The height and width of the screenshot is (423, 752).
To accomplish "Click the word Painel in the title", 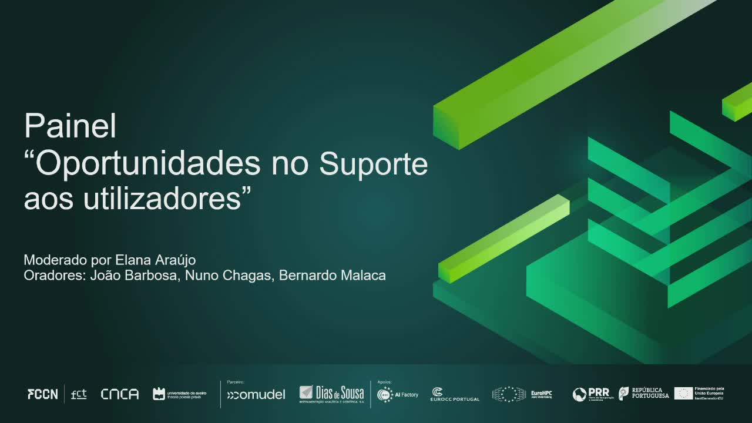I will tap(70, 126).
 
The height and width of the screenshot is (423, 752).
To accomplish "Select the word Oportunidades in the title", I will tap(147, 164).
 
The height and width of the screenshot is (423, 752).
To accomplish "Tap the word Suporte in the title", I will tap(373, 164).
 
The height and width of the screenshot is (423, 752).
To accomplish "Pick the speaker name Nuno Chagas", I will tap(229, 276).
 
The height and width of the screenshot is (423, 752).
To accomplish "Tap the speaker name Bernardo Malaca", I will tap(333, 276).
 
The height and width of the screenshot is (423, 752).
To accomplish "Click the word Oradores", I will tap(55, 276).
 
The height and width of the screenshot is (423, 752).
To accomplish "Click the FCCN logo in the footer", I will tap(43, 394).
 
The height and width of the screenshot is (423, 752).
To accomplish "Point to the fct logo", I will tap(79, 394).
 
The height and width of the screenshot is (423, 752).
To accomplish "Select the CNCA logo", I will tap(119, 394).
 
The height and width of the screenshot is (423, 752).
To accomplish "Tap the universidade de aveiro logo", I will tap(179, 394).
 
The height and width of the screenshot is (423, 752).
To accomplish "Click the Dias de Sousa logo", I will tap(332, 394).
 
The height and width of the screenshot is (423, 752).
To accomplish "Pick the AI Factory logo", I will tap(398, 395).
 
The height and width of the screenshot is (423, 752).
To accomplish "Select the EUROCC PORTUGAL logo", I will tap(454, 395).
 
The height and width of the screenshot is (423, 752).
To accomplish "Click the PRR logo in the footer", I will tap(592, 394).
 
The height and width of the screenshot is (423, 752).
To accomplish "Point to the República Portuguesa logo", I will tap(644, 394).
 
